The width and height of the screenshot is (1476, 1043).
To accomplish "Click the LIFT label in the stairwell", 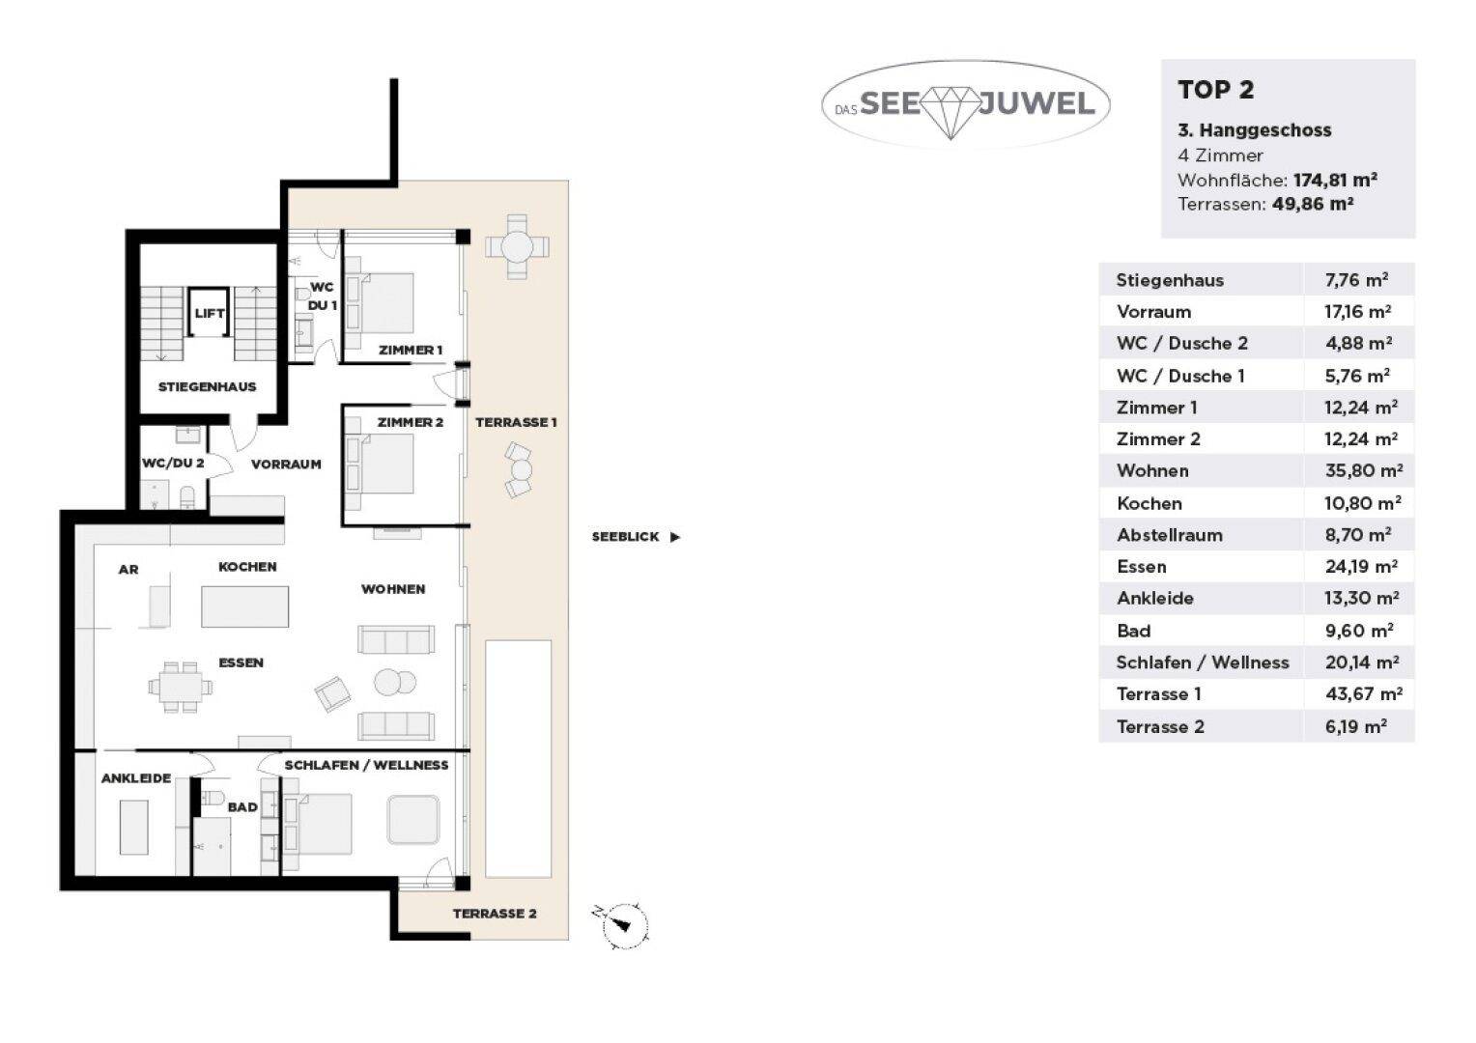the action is (210, 314).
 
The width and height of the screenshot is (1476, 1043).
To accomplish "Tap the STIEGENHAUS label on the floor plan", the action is (207, 386).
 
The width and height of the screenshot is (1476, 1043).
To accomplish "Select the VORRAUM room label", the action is (286, 464).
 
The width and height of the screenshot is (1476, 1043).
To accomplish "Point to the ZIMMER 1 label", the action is (410, 350).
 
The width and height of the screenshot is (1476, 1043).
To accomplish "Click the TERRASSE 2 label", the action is (495, 914).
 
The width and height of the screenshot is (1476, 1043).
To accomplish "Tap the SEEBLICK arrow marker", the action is (674, 537).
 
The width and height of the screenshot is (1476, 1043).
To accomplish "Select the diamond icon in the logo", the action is (951, 112).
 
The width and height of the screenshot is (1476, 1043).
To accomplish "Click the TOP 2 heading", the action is (1216, 90).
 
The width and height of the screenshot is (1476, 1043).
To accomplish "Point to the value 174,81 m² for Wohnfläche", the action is (1335, 180).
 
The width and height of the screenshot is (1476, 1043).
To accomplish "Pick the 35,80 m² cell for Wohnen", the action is (1363, 470).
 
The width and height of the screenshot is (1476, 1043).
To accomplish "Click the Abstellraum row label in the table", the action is (1170, 535).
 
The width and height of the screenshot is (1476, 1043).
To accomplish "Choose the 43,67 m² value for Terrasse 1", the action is (1363, 693).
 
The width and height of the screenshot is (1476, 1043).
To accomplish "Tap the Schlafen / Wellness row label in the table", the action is (1203, 662).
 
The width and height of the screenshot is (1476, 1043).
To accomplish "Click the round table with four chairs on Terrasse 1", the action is (517, 247).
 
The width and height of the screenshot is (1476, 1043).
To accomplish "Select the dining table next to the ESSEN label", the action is (181, 688).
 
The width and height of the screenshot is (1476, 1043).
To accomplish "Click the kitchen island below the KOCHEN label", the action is (245, 606).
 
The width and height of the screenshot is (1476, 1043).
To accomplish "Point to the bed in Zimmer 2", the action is (381, 464).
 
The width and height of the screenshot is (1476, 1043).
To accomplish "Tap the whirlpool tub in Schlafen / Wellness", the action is (413, 820).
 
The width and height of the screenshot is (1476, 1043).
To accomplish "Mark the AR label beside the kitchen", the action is (128, 569).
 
